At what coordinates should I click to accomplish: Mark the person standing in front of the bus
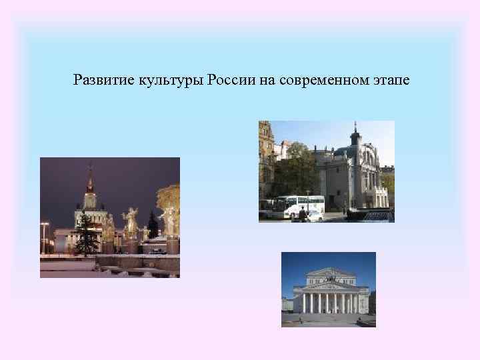[302, 214]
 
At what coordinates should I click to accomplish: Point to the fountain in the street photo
[373, 213]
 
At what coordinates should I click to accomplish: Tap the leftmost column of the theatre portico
[304, 303]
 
